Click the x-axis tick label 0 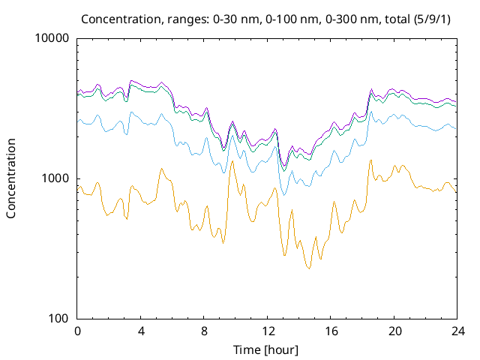coord(77,331)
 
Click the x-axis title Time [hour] coord(267,349)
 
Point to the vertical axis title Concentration coord(11,178)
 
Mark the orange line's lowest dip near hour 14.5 coord(308,268)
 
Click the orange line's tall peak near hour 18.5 coord(370,160)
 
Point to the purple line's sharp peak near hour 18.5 coord(371,88)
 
